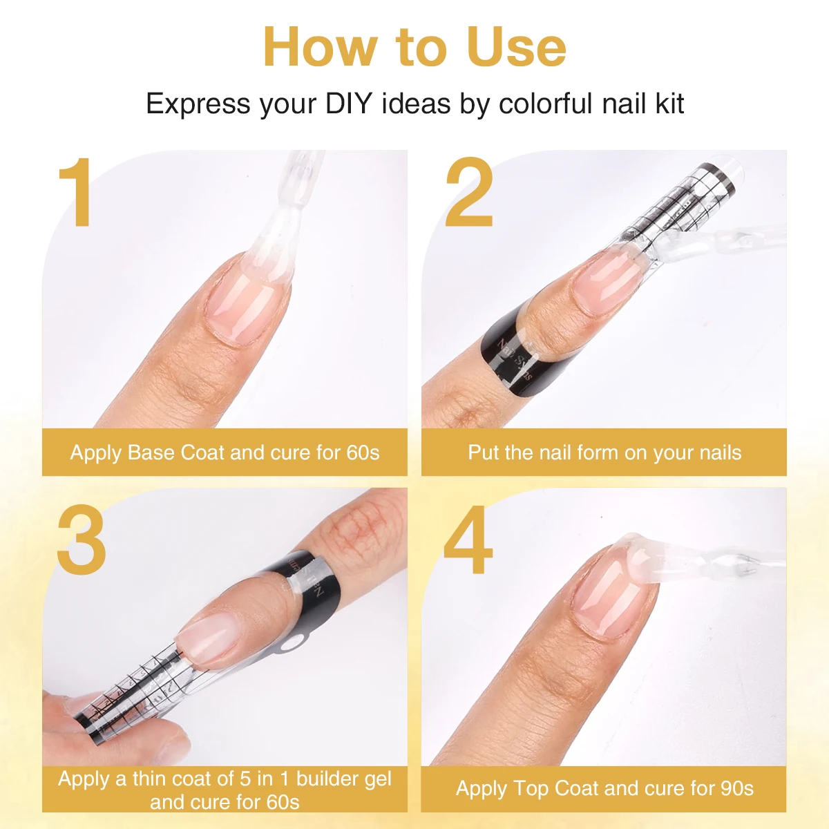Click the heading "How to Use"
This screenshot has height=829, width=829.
414,47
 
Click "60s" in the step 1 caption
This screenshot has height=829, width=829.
363,452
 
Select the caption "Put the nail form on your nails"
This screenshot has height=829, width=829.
604,452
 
